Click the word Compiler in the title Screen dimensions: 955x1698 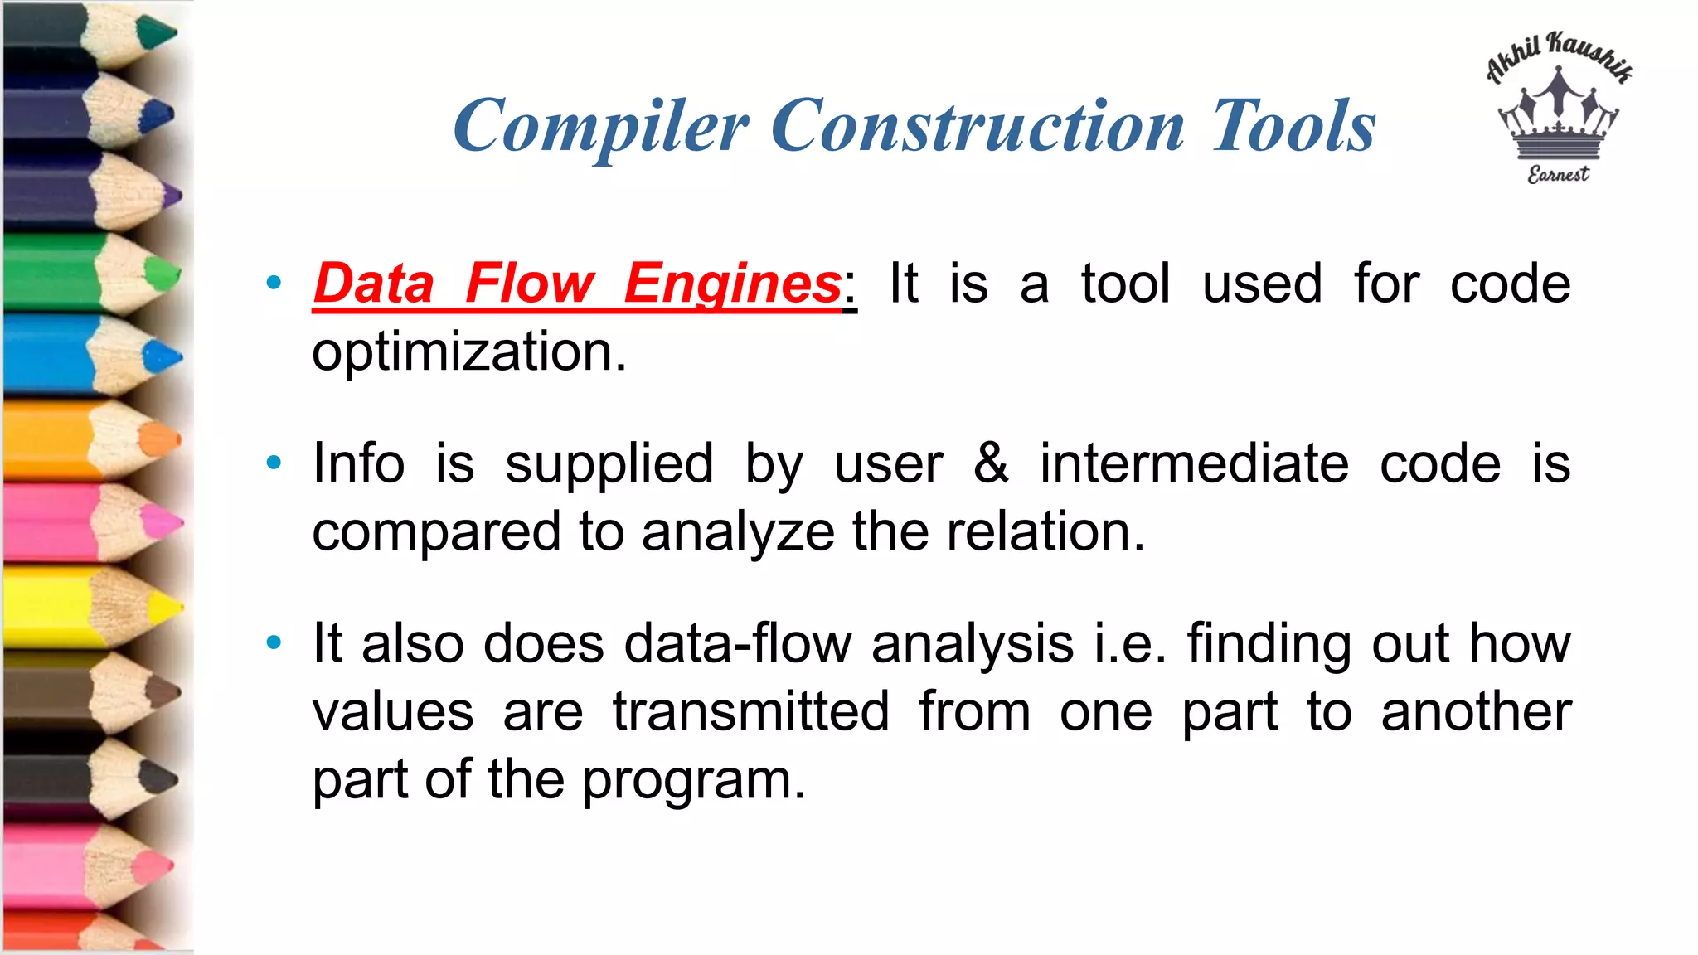point(600,126)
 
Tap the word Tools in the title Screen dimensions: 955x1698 point(1293,126)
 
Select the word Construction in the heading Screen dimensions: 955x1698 point(978,126)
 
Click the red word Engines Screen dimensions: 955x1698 point(733,284)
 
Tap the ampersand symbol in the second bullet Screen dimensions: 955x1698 point(991,463)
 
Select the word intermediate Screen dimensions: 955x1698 point(1194,463)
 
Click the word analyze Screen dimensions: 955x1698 point(737,531)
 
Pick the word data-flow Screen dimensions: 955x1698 point(737,643)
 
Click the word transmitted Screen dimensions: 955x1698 point(751,711)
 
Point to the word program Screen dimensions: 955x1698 point(693,781)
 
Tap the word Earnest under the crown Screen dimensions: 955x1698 point(1559,174)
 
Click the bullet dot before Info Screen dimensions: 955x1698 point(274,463)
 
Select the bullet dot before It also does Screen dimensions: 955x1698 point(274,643)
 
